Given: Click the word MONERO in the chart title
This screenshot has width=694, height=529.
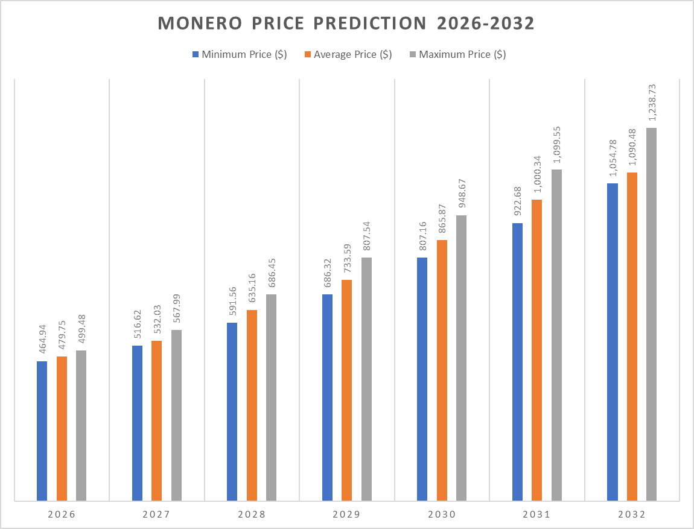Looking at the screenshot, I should (x=195, y=24).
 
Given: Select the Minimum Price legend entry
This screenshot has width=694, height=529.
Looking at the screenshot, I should (x=239, y=54).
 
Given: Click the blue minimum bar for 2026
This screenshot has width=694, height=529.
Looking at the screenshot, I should (x=42, y=431).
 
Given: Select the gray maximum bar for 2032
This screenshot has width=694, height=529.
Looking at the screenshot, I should (x=651, y=314).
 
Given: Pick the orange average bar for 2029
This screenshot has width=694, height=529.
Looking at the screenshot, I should (x=346, y=390).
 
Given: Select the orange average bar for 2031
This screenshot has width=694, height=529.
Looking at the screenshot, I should (x=536, y=350).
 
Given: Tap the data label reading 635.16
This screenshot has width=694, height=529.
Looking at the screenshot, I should (x=252, y=290).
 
